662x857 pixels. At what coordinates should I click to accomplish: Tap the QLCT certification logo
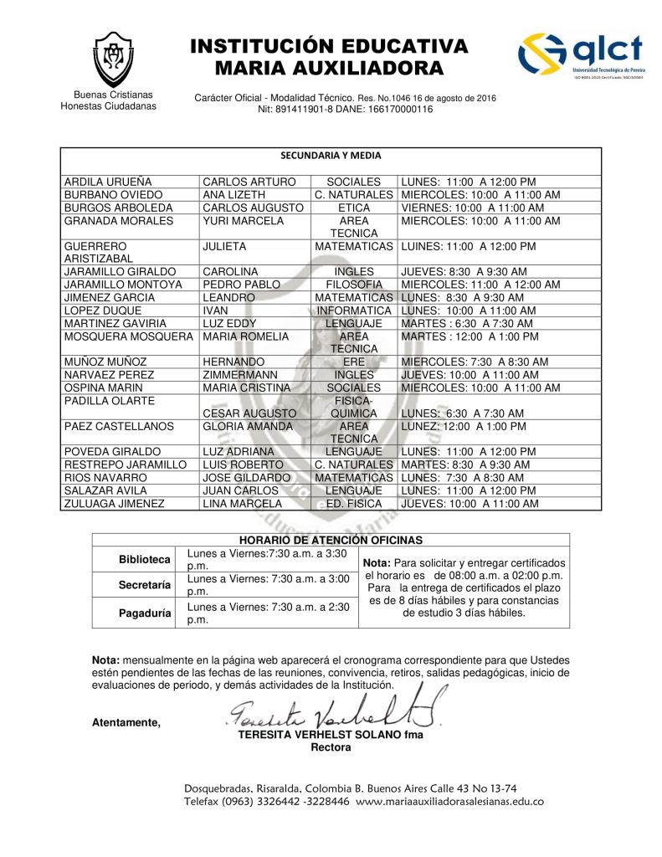581,56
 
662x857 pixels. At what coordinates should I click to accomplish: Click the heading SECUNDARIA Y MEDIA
331,156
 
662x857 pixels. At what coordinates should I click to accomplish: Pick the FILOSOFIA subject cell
354,285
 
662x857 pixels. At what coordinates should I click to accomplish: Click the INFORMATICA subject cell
354,310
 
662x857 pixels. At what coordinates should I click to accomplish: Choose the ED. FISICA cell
354,504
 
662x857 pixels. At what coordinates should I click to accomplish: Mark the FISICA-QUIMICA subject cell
354,407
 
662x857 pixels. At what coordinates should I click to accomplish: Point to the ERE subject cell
354,362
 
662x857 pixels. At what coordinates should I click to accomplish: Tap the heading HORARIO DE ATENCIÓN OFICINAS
331,541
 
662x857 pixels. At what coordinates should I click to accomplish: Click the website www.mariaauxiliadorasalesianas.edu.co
449,801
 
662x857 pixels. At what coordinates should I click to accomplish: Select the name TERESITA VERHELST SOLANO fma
331,735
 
